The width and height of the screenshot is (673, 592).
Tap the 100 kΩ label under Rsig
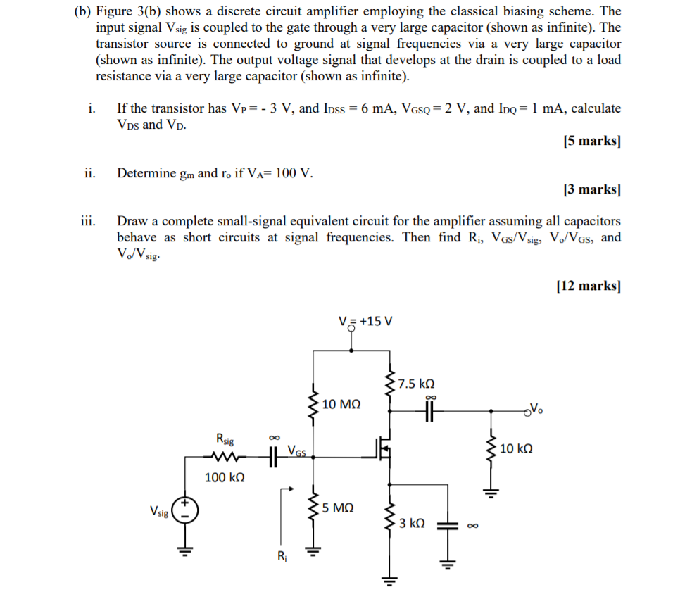pyautogui.click(x=225, y=478)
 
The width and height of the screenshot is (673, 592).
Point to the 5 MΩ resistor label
pyautogui.click(x=339, y=507)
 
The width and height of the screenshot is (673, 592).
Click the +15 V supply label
pyautogui.click(x=365, y=321)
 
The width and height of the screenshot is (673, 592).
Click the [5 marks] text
pyautogui.click(x=592, y=141)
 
